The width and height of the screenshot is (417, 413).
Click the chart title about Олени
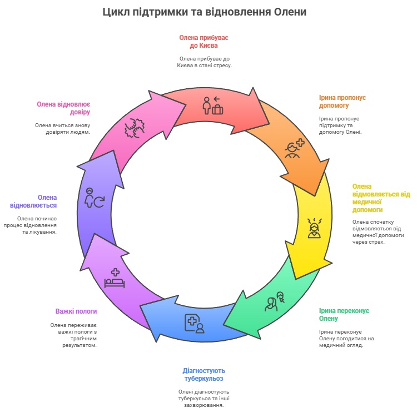coord(205,12)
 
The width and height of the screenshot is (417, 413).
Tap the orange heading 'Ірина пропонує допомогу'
coord(342,101)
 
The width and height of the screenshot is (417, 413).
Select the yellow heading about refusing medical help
coord(380,198)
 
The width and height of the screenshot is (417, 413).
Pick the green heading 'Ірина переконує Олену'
coord(344,314)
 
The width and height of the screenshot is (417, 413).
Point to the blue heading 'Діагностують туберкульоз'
coord(204,375)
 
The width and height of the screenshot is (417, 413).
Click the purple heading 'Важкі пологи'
coord(76,311)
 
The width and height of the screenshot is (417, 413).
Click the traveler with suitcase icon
coord(212,105)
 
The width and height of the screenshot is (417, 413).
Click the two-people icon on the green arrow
coord(274,301)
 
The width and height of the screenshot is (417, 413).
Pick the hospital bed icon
coord(115,278)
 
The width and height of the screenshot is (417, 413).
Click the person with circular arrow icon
coord(95,198)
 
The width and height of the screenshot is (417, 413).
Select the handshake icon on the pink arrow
coord(133,128)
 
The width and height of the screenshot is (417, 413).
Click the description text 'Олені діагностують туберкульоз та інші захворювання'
coord(204,398)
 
